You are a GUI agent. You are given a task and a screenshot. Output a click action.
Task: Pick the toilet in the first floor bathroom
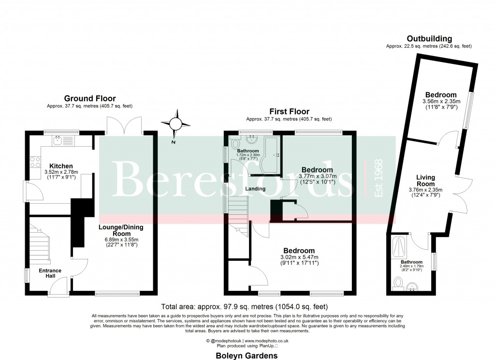(x=235, y=143)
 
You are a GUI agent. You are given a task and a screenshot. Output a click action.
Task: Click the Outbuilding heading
(x=429, y=39)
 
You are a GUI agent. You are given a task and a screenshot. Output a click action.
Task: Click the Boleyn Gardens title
(x=247, y=355)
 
